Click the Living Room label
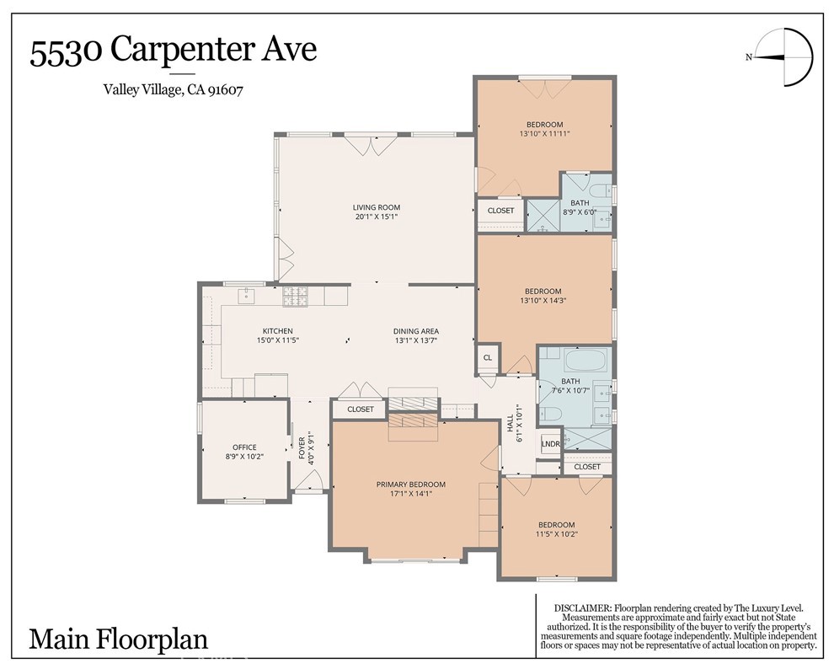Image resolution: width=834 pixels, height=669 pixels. (x=376, y=207)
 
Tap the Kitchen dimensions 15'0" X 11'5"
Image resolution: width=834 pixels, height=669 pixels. (x=278, y=340)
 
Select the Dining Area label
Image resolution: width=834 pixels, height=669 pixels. (x=416, y=331)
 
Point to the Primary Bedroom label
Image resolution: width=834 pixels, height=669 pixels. (x=410, y=484)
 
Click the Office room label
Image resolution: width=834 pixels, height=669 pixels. (x=244, y=447)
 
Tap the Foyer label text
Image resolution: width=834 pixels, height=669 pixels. (x=302, y=448)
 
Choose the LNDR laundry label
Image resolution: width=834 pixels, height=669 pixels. (x=550, y=444)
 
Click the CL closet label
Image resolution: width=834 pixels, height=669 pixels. (x=488, y=357)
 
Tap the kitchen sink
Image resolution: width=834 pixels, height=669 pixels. (x=246, y=295)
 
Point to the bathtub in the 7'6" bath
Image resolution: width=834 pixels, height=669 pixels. (x=586, y=360)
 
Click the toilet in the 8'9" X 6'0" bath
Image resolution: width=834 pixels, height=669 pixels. (x=600, y=190)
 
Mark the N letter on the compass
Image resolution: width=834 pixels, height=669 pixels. (x=749, y=57)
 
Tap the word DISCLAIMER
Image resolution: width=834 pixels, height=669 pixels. (x=582, y=607)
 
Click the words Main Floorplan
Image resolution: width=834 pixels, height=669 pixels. (x=118, y=639)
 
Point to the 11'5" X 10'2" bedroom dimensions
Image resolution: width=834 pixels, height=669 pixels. (x=556, y=534)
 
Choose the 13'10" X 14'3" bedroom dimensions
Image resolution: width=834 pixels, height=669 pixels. (x=543, y=301)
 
